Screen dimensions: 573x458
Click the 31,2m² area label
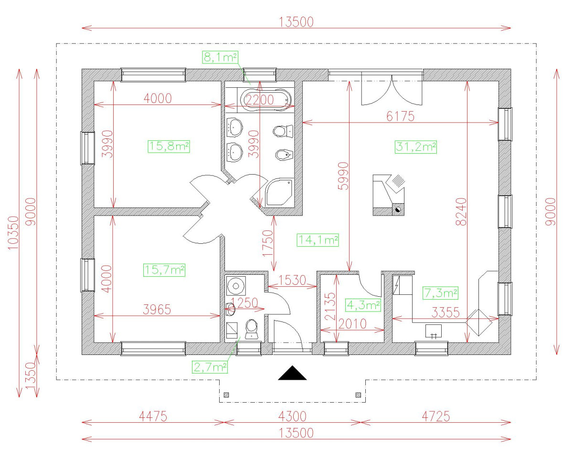[x=415, y=147]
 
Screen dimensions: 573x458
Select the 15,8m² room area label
[x=169, y=146]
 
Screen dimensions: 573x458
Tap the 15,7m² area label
[x=164, y=270]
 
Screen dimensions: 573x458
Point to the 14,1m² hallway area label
[x=318, y=240]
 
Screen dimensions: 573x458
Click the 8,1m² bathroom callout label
[x=220, y=57]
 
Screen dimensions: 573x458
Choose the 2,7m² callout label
[x=210, y=367]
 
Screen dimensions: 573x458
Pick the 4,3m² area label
[x=363, y=305]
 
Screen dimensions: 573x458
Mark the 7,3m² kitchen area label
[x=440, y=293]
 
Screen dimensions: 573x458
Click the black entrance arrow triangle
[x=292, y=373]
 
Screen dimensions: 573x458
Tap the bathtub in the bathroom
[x=266, y=100]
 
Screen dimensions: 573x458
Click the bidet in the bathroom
[x=285, y=155]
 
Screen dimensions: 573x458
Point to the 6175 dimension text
[x=400, y=116]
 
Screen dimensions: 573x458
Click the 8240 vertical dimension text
[x=461, y=212]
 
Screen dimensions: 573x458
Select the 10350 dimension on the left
[x=13, y=233]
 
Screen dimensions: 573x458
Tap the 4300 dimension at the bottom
[x=292, y=416]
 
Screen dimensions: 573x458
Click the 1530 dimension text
[x=292, y=280]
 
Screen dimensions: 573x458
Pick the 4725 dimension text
[x=436, y=416]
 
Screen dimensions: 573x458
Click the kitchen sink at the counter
[x=433, y=331]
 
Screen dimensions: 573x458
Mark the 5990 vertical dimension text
[x=343, y=176]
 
